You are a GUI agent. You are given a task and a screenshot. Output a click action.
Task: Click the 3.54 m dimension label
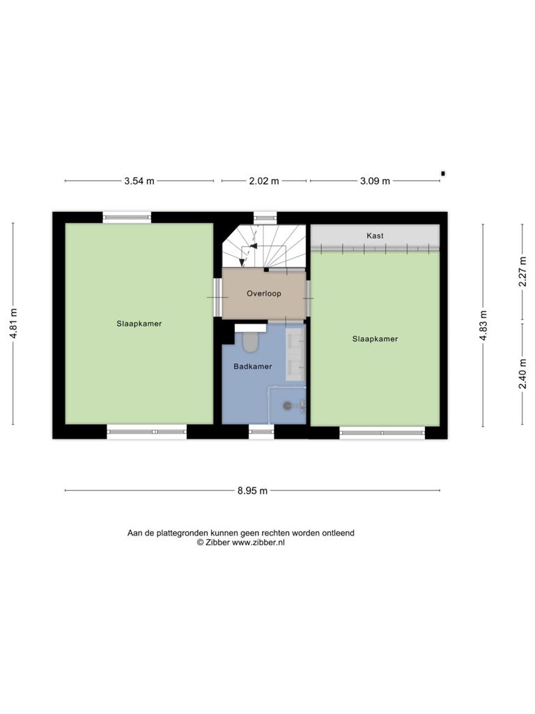click(139, 181)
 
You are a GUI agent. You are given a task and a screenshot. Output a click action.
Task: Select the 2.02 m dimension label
click(264, 181)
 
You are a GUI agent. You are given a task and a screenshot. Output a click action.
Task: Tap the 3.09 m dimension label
click(375, 181)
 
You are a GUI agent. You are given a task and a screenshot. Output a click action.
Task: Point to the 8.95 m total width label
click(252, 490)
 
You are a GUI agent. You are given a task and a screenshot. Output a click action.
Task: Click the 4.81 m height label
click(14, 324)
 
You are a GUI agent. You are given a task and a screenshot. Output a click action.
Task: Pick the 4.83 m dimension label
click(483, 325)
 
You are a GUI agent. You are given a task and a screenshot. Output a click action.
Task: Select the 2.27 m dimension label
click(522, 271)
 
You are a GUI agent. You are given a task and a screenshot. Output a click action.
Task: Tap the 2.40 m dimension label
click(522, 374)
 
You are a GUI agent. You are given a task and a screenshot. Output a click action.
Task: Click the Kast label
click(375, 236)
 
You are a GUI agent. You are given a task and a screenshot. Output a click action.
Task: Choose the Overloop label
click(264, 294)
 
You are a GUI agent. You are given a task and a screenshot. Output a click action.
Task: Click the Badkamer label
click(252, 366)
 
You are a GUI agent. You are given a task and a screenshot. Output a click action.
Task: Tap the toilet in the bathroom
click(250, 342)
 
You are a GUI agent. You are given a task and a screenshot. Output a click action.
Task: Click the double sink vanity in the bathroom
click(295, 354)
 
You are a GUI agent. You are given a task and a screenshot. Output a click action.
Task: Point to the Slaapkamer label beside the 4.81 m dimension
click(139, 324)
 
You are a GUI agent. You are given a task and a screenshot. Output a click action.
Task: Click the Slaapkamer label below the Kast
click(375, 339)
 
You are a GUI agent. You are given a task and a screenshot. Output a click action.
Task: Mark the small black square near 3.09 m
click(442, 173)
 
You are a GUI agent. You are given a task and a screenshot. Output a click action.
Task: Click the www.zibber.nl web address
click(258, 542)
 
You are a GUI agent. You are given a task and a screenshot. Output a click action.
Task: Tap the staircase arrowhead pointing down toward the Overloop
click(242, 262)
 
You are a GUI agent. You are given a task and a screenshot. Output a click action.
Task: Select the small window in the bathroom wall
click(261, 431)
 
